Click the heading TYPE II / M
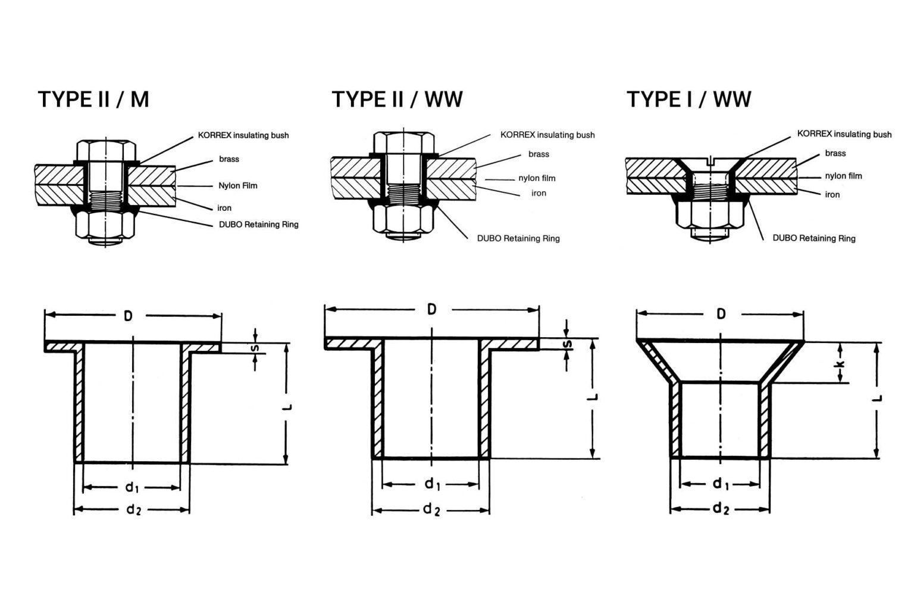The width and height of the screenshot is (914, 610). tap(93, 99)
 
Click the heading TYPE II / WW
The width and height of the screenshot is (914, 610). tap(397, 99)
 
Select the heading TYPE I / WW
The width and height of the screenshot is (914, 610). tap(688, 99)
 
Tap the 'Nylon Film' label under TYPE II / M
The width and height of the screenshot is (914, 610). tap(237, 185)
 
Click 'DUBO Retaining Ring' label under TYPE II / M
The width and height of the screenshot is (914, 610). tap(258, 225)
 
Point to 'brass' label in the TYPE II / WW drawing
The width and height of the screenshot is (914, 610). tap(539, 154)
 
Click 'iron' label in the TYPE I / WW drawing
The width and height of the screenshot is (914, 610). tap(832, 195)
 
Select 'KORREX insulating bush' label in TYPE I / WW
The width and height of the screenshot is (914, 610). tap(844, 135)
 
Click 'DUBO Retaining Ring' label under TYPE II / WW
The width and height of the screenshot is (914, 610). tap(518, 238)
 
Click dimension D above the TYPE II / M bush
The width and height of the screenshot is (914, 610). tap(128, 316)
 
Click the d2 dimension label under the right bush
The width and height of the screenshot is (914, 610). tap(720, 508)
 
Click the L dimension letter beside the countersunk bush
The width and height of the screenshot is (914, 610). tap(878, 398)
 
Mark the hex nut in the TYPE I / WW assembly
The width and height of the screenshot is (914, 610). tap(708, 214)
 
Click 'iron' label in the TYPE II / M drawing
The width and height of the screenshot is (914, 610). tap(224, 208)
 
